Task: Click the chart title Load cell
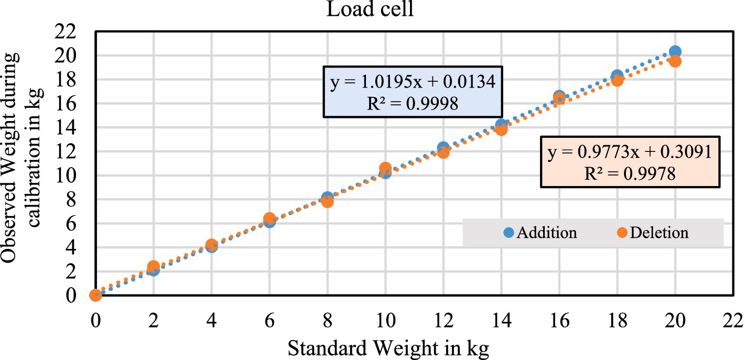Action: [370, 9]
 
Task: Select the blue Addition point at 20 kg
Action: [675, 51]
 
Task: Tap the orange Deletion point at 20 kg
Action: [675, 61]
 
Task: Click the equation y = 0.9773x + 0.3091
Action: [630, 152]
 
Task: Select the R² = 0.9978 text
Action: [630, 174]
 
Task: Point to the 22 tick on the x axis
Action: [732, 320]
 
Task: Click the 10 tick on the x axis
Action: [385, 320]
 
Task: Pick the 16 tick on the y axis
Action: [69, 103]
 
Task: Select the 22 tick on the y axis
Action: [69, 31]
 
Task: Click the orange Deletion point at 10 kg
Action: [385, 168]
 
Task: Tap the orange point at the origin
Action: [95, 296]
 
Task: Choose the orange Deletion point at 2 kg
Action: [153, 266]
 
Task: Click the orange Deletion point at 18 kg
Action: [617, 80]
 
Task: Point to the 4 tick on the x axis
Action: [211, 320]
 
